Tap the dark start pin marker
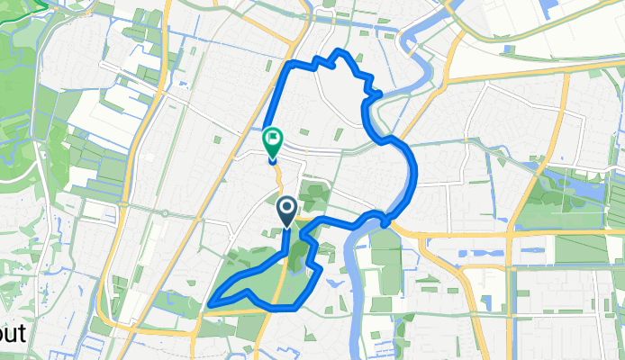(287, 211)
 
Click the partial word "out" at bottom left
(12, 335)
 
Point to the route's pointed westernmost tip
(210, 303)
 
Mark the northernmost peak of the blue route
(338, 51)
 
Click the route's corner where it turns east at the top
(288, 65)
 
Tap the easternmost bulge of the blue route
(415, 175)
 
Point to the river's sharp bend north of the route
(423, 40)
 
